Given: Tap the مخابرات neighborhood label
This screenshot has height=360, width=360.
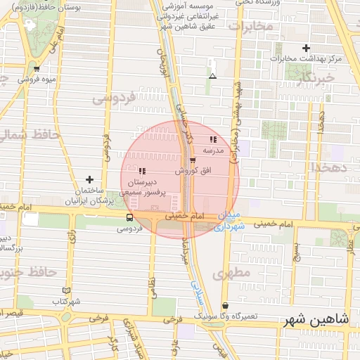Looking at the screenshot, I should coord(249,27).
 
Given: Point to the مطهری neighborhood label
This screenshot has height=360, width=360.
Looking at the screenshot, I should coord(234,273).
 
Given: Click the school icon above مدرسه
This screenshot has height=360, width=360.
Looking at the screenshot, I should coord(213,139).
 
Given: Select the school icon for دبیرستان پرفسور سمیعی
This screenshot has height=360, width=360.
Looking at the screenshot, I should coord(142,171).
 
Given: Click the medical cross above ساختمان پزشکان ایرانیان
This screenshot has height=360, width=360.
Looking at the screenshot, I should coord(89,180).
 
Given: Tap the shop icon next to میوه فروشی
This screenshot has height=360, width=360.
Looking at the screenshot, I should coord(37,69).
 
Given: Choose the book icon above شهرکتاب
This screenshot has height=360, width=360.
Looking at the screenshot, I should coord(67,290).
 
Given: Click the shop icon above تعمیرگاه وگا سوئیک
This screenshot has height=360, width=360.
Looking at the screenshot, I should coord(225,306).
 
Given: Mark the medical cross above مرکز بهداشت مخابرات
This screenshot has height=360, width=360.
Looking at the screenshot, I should coord(306,48).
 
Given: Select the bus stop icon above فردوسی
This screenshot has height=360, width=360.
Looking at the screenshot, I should coord(129,218).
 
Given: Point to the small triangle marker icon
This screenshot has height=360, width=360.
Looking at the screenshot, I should coord(212,76).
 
